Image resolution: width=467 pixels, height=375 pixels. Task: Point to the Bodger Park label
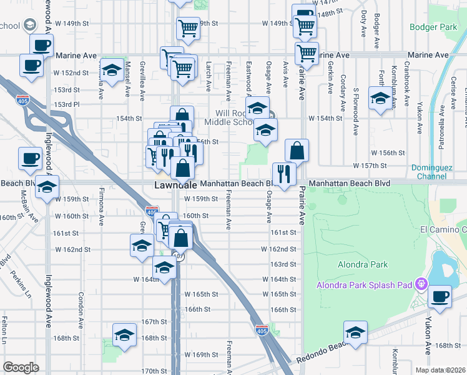click(433, 27)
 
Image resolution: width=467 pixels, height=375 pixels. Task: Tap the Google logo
click(21, 367)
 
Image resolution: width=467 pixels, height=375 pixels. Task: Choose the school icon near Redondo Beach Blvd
click(355, 333)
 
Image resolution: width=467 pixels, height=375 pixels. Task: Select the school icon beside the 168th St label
click(125, 336)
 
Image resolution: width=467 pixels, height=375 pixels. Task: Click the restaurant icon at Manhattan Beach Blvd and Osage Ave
click(283, 174)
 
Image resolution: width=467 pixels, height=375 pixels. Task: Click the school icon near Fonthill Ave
click(380, 99)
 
